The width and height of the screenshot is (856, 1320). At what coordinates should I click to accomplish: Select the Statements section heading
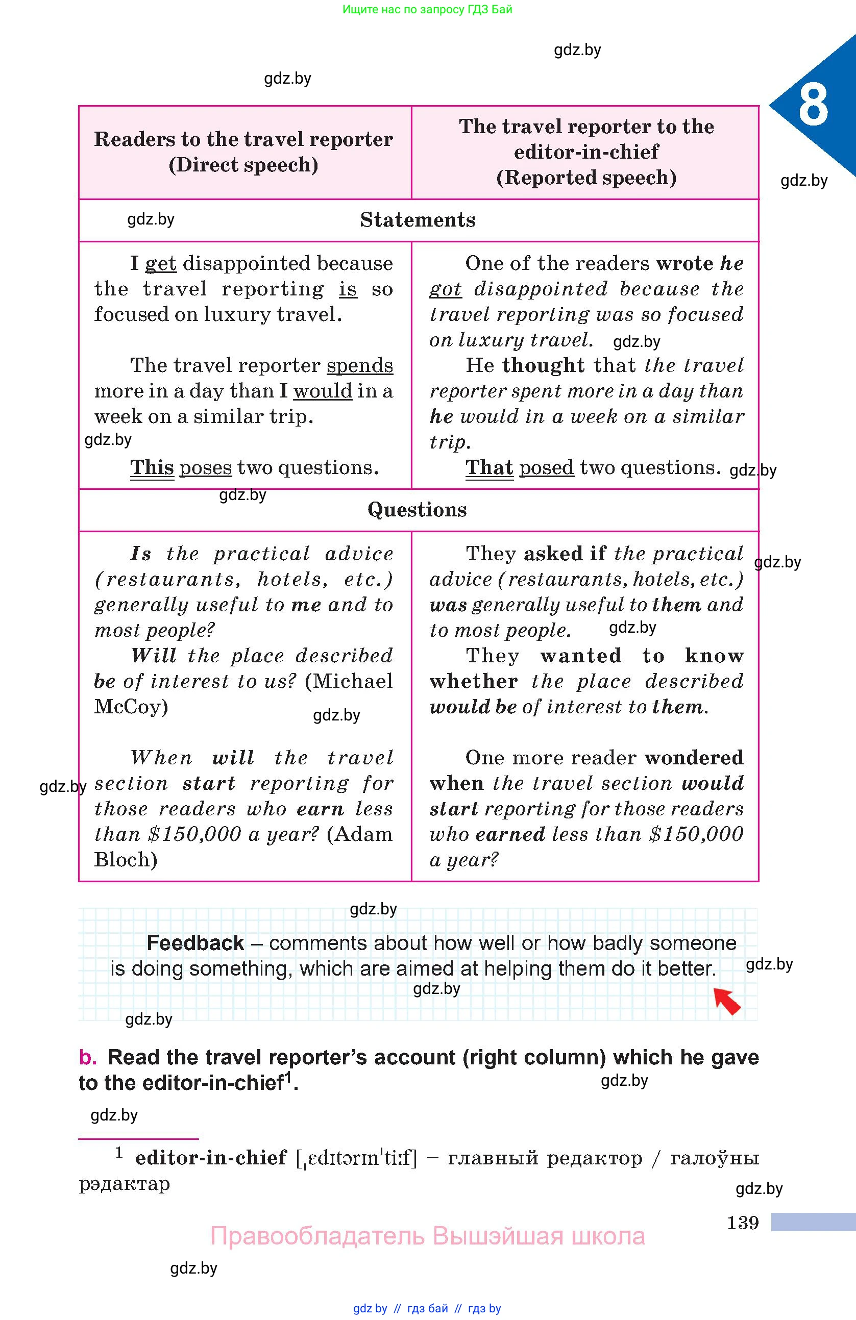(417, 220)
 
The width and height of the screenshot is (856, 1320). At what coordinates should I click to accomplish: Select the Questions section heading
(417, 510)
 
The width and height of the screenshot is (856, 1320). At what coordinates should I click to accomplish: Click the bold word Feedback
(195, 943)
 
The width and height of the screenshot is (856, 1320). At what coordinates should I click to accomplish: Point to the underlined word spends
(359, 365)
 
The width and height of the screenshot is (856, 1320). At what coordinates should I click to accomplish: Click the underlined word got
(445, 289)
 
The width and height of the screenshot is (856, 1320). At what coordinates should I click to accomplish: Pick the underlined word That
(490, 467)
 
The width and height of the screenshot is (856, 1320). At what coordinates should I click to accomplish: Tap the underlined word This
(152, 467)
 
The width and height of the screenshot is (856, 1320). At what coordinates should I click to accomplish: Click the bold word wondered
(694, 758)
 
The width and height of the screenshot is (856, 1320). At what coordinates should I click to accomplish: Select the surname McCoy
(131, 707)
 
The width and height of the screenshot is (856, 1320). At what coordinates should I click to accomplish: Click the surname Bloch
(126, 860)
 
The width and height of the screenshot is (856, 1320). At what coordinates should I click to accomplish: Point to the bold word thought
(543, 365)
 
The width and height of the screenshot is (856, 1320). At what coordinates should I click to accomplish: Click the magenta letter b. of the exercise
(88, 1057)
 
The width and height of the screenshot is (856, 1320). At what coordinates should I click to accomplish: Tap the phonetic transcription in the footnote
(356, 1158)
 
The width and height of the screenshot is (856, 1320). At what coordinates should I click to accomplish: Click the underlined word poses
(205, 467)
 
